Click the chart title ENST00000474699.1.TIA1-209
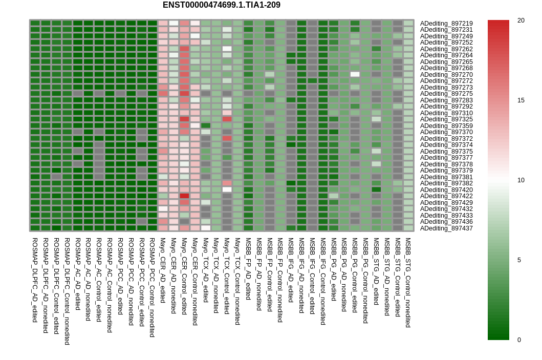[x=221, y=5]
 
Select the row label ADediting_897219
[x=446, y=24]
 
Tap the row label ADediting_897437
[x=446, y=228]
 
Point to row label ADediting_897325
[x=446, y=119]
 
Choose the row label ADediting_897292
[x=446, y=107]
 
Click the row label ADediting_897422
[x=446, y=196]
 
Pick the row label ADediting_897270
[x=446, y=75]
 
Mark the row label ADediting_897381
[x=446, y=177]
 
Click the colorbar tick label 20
[x=521, y=20]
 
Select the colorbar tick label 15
[x=521, y=100]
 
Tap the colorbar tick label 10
[x=521, y=180]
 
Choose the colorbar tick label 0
[x=519, y=340]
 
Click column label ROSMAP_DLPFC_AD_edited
[x=35, y=280]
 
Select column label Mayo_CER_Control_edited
[x=184, y=281]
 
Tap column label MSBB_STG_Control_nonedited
[x=408, y=282]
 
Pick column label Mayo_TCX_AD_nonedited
[x=216, y=277]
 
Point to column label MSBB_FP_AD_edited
[x=248, y=269]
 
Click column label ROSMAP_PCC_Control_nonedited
[x=152, y=287]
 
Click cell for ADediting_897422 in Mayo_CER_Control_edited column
[x=184, y=196]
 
